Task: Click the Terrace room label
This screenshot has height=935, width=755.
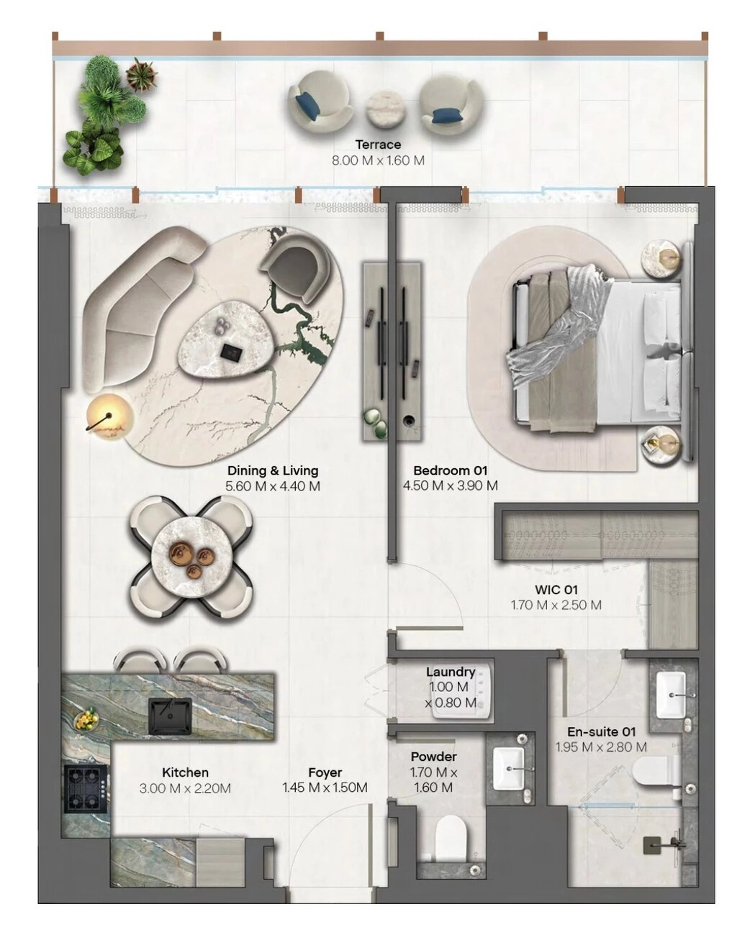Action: coord(378,145)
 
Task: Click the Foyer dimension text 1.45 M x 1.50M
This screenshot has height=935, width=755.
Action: coord(325,787)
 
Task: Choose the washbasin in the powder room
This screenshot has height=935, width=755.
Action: coord(509,769)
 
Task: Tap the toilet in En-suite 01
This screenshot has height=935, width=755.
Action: coord(656,777)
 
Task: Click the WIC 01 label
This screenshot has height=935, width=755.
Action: coord(556,590)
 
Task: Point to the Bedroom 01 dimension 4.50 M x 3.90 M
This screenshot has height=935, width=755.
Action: coord(450,485)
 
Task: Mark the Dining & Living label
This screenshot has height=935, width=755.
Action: coord(273,470)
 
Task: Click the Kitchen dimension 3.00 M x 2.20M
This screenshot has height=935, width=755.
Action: coord(185,788)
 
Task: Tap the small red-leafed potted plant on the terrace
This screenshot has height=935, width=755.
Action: coord(141,74)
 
